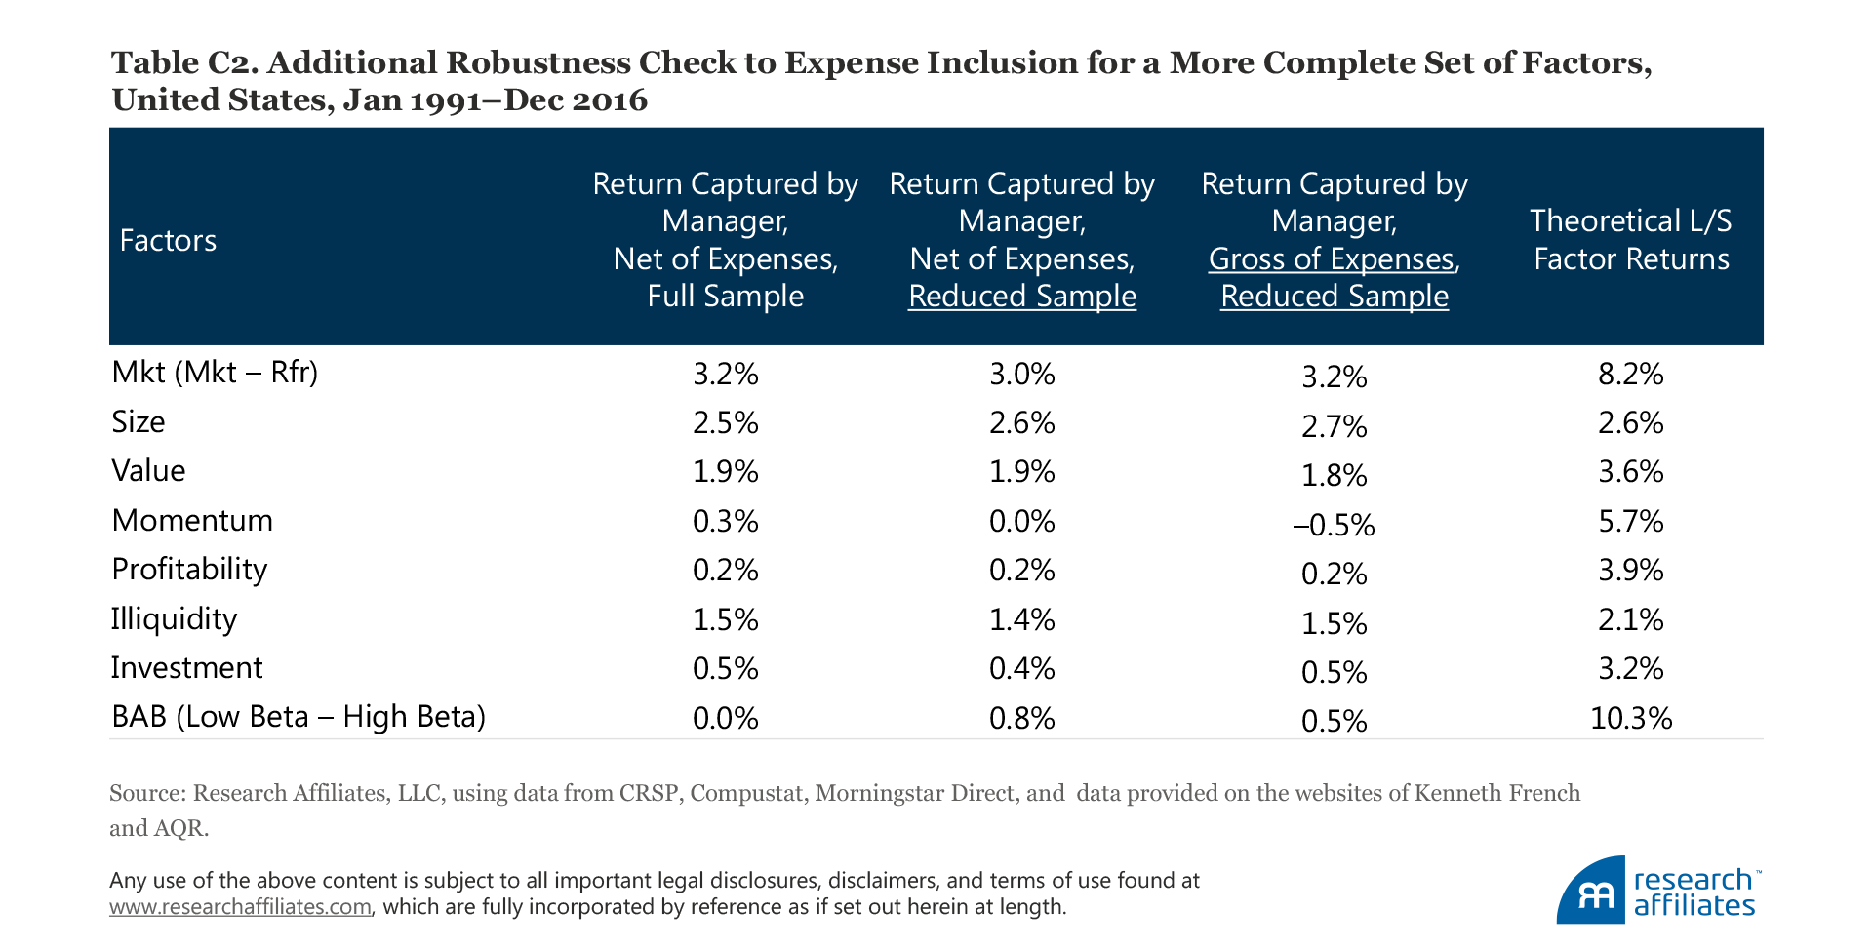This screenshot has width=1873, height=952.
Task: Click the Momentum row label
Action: [192, 520]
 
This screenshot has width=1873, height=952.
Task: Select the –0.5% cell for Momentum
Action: [1334, 526]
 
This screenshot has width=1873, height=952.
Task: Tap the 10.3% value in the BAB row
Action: [1630, 719]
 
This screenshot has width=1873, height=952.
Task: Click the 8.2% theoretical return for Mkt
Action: [1630, 375]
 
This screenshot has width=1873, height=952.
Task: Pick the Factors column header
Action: [168, 241]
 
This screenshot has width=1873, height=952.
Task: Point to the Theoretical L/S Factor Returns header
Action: [1630, 240]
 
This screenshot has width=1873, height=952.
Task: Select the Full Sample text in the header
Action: [725, 297]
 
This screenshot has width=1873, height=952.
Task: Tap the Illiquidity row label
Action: [174, 619]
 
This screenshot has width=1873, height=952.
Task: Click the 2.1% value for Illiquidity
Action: [1630, 620]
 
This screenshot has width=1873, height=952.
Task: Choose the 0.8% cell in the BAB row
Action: [1021, 719]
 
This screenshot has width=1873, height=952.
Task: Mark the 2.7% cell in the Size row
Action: [1334, 427]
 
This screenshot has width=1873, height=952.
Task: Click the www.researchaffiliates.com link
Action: [240, 907]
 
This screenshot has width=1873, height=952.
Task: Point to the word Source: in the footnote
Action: [147, 793]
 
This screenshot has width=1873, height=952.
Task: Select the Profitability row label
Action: [189, 570]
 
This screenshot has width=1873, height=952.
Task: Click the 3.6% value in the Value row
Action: [1630, 472]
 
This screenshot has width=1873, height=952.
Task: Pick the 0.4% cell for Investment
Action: [1021, 669]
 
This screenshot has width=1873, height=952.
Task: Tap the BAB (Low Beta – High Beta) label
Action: [299, 717]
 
